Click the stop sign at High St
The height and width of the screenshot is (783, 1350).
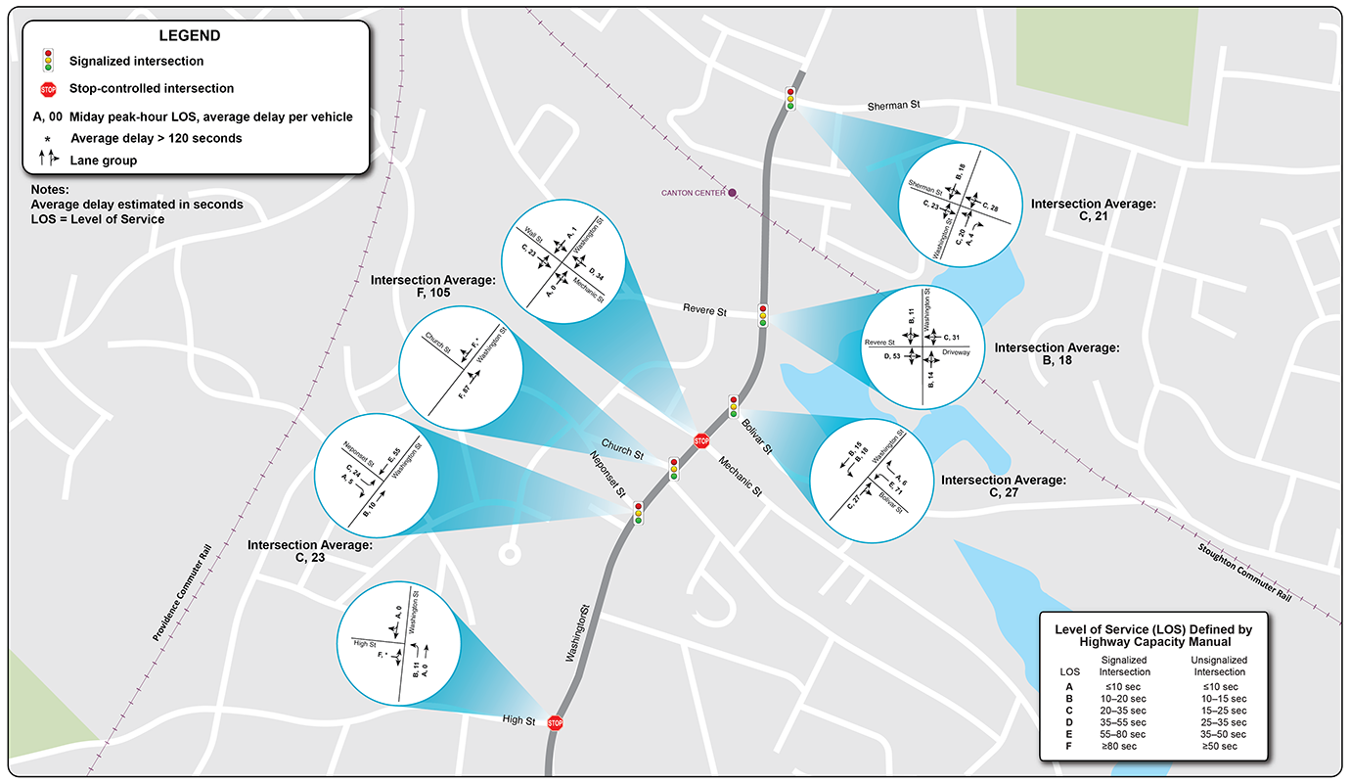click(x=555, y=723)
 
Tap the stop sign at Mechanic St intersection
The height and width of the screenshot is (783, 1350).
click(x=701, y=440)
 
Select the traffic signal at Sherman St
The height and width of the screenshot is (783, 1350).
click(x=790, y=98)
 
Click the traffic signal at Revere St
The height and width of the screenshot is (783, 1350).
click(x=763, y=315)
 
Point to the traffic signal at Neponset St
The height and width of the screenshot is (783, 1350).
click(x=638, y=513)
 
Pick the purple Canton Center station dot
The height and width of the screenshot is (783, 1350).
click(x=732, y=193)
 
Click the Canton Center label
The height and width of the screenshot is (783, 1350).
click(x=693, y=193)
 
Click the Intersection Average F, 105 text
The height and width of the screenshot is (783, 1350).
click(x=433, y=286)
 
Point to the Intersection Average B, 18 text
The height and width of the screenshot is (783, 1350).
click(x=1056, y=353)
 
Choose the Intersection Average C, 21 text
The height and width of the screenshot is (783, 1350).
click(x=1094, y=210)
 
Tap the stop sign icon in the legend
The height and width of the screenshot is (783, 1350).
click(x=48, y=89)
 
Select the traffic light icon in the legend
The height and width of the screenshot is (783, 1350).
click(x=48, y=61)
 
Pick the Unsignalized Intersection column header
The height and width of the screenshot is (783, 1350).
click(x=1218, y=667)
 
